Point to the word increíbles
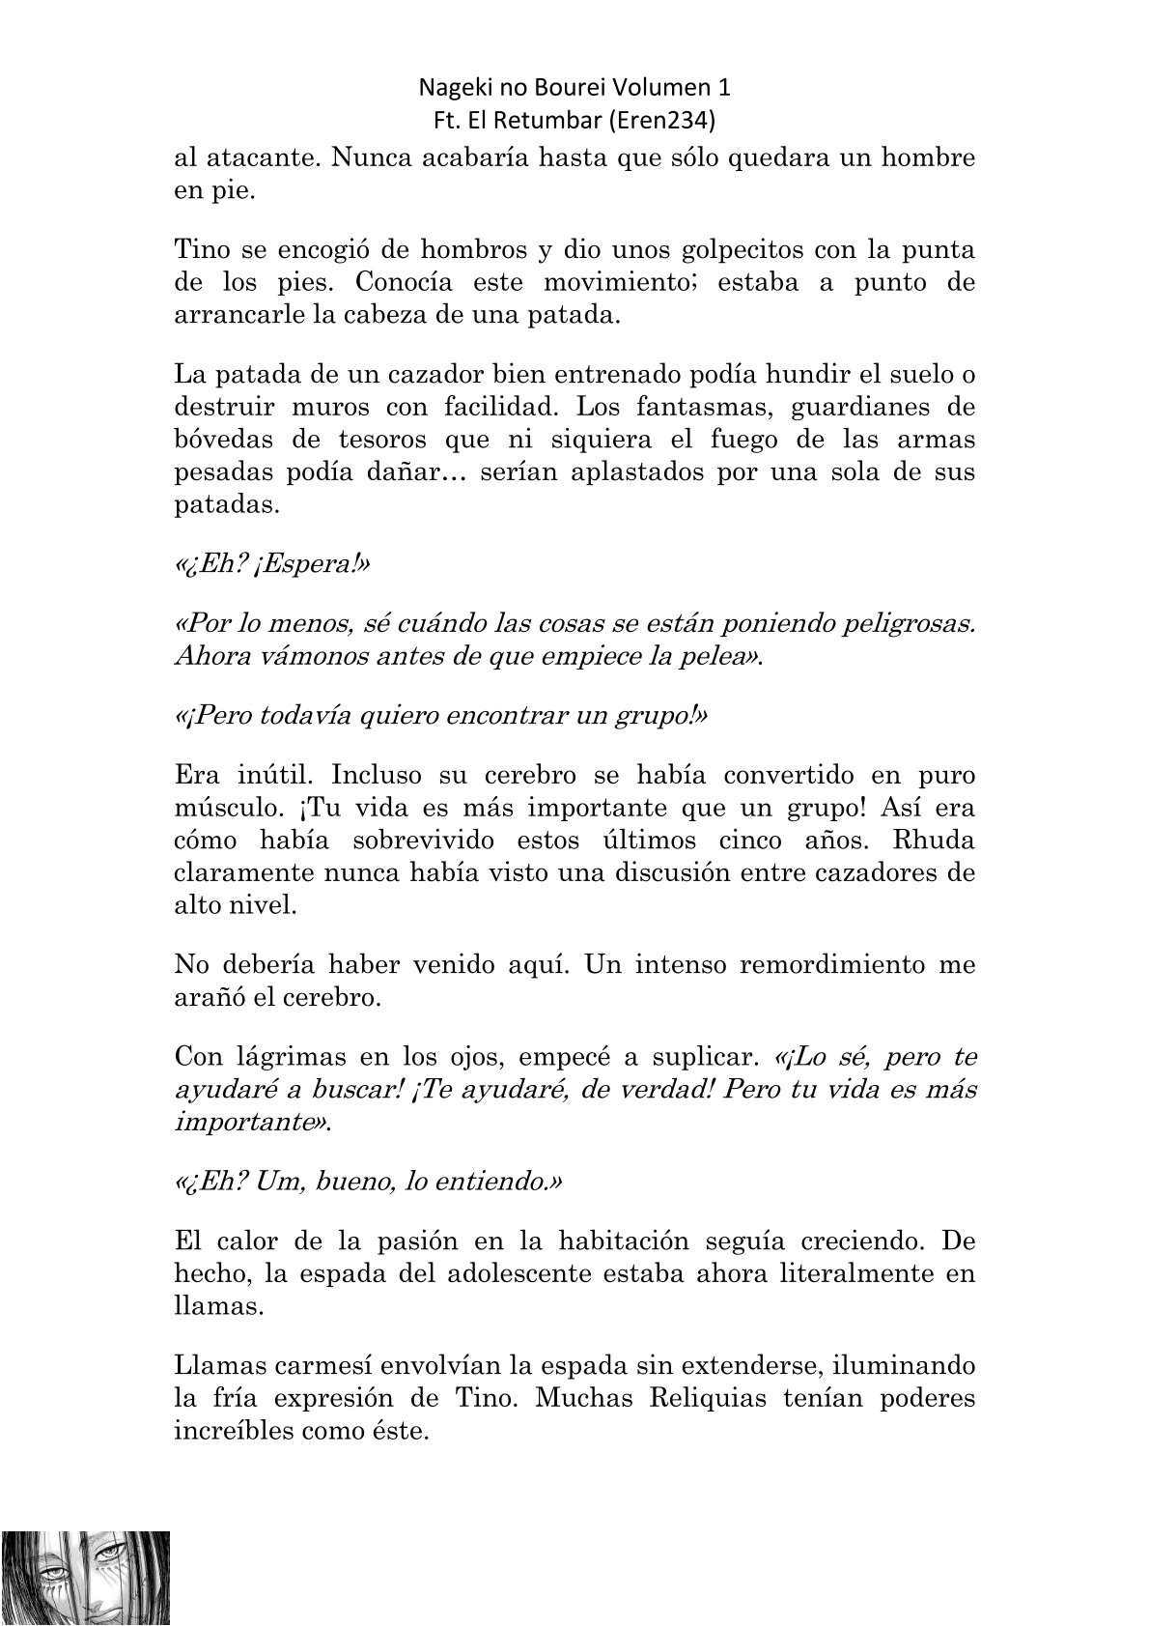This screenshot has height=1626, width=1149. (230, 1431)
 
